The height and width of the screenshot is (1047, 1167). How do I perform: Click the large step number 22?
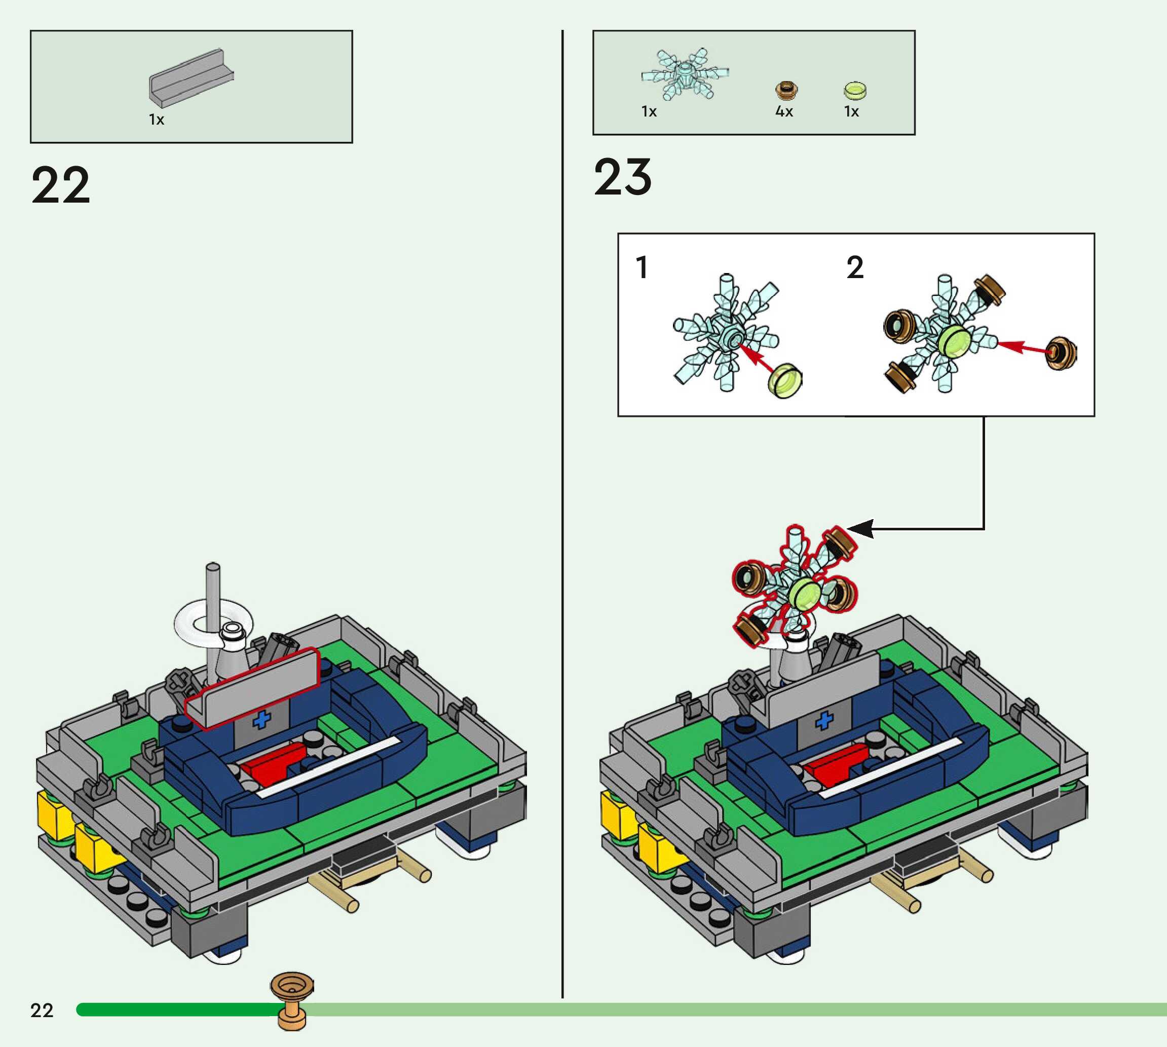pos(60,185)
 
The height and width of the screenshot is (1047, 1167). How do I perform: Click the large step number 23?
pos(623,177)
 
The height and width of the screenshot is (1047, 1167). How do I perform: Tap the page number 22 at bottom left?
pos(42,1010)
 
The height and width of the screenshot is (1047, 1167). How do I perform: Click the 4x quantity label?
pos(784,111)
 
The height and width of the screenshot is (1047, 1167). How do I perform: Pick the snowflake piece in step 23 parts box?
pos(684,73)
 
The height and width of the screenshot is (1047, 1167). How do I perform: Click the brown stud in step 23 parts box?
pos(786,90)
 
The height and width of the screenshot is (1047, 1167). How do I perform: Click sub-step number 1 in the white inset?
pos(642,267)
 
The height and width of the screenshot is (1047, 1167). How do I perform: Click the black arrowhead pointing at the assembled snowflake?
pos(861,528)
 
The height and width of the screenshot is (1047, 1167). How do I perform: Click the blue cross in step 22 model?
pos(262,719)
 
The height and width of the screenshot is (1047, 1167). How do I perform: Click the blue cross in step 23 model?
pos(824,719)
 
